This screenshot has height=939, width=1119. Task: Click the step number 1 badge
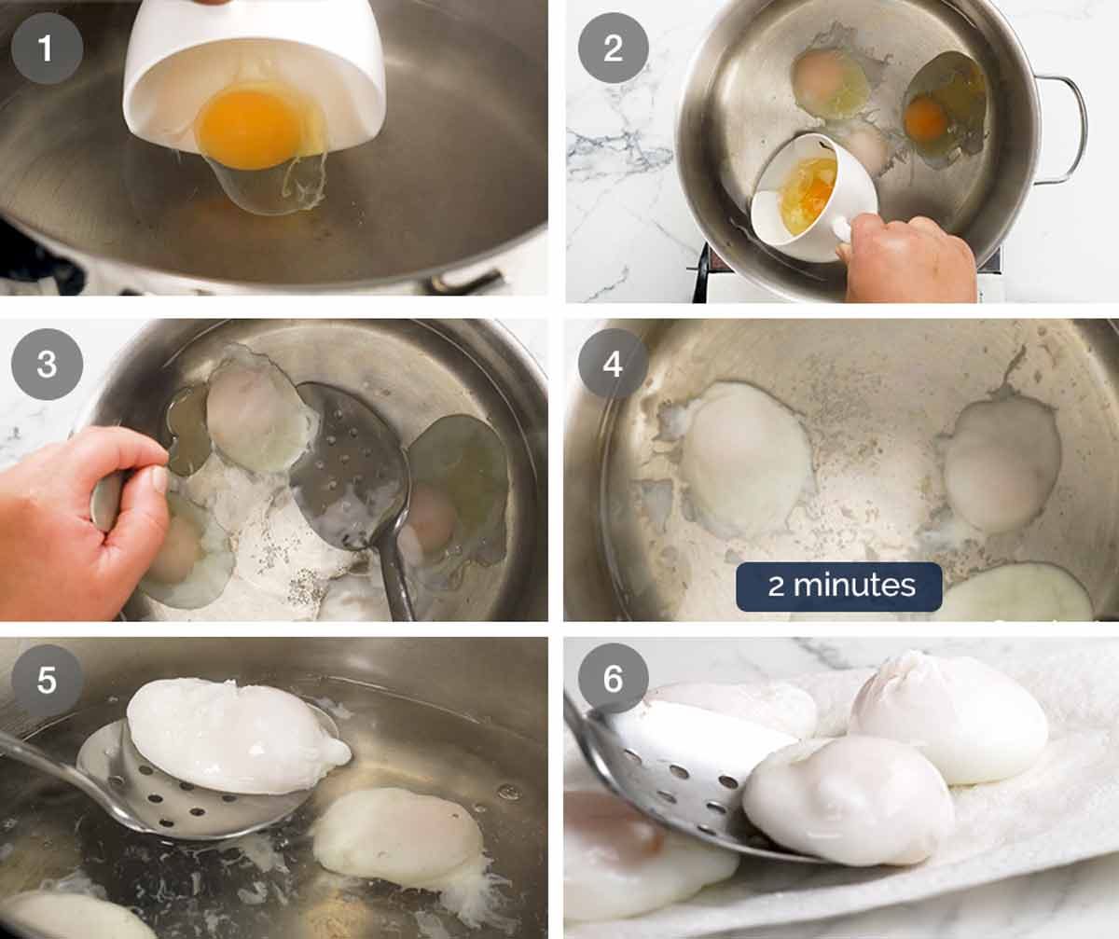[47, 48]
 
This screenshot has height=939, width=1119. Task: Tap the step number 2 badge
[613, 48]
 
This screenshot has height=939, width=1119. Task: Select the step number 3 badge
[47, 364]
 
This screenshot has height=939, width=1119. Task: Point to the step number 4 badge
[613, 364]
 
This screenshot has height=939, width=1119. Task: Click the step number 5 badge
[47, 680]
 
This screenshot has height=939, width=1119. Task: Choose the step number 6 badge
[613, 680]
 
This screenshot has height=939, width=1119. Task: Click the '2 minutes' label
[839, 587]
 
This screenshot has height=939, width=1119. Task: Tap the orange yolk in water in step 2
[927, 118]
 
